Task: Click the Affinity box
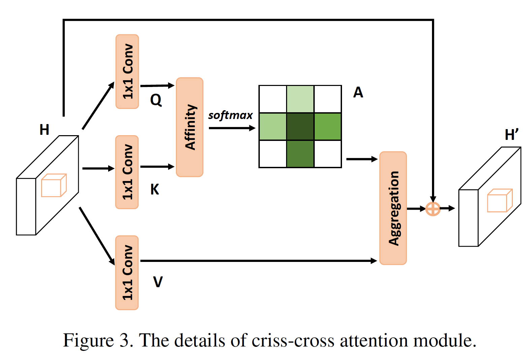click(190, 127)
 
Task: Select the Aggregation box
click(393, 208)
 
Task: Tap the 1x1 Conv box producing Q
click(127, 71)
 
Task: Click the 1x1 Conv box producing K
click(127, 172)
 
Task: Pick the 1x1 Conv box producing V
click(127, 273)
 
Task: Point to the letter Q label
click(156, 100)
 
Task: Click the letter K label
click(155, 189)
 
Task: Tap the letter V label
click(158, 282)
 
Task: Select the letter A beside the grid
click(358, 92)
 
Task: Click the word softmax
click(230, 116)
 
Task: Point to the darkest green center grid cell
click(300, 127)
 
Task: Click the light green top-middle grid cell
click(300, 99)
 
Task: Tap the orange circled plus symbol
click(433, 209)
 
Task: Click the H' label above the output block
click(511, 134)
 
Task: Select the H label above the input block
click(44, 129)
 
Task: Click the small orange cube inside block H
click(54, 185)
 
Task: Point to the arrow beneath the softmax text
click(232, 128)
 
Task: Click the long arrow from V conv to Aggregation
click(258, 261)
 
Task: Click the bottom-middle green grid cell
click(300, 154)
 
